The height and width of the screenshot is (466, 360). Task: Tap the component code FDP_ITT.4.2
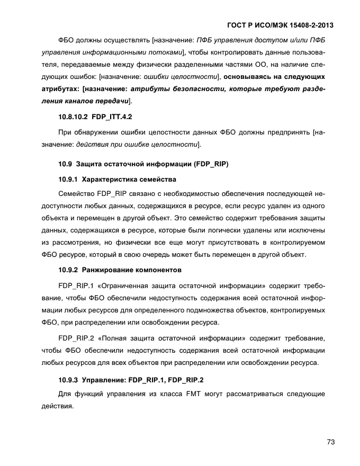point(112,116)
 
